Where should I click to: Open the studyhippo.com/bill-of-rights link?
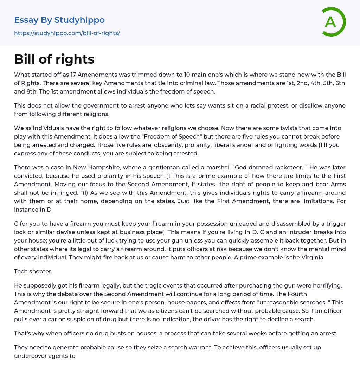pos(67,33)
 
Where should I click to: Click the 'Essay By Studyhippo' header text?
pos(59,20)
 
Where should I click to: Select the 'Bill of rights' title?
pos(54,59)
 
